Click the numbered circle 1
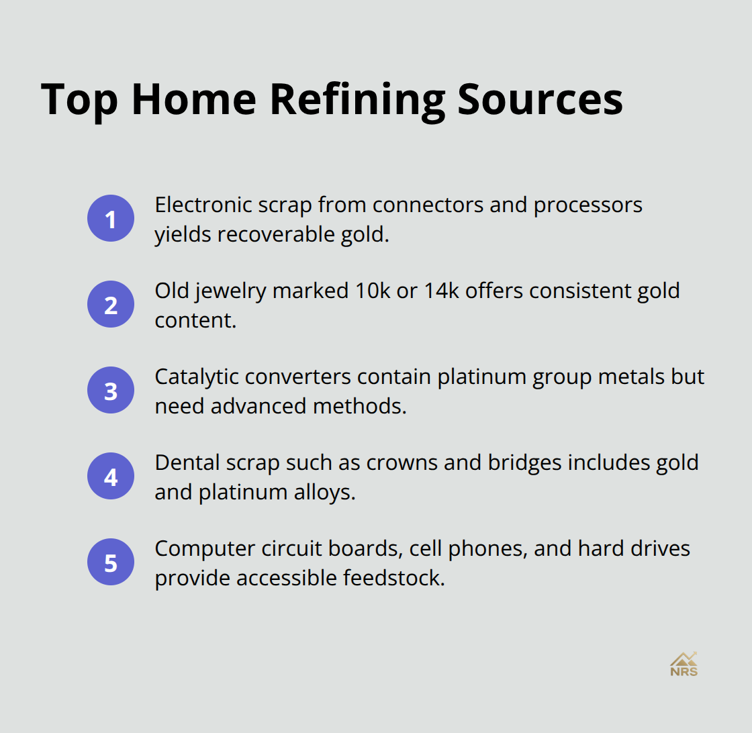tap(111, 218)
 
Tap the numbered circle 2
tap(111, 304)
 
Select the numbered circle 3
tap(111, 390)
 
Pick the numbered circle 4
tap(111, 476)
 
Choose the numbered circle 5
tap(111, 562)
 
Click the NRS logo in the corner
tap(684, 664)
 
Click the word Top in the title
tap(80, 99)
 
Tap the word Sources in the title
tap(540, 99)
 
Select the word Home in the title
tap(195, 99)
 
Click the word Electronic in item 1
tap(199, 205)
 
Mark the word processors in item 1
tap(587, 205)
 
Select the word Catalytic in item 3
tap(196, 377)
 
